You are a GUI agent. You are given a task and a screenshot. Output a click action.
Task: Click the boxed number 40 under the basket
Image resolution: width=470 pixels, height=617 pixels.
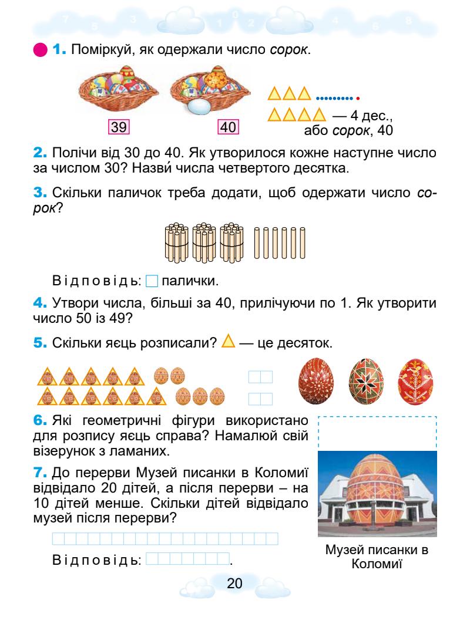click(226, 126)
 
